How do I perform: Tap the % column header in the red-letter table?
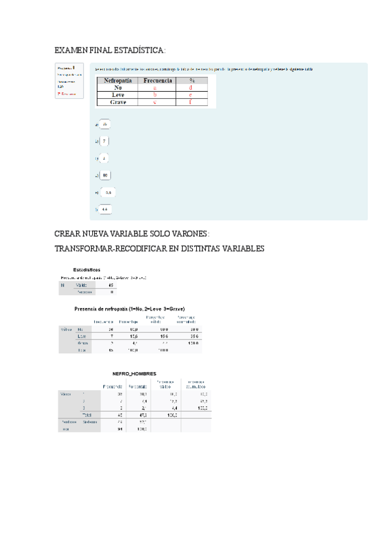(x=190, y=81)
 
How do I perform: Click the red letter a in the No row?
(x=154, y=88)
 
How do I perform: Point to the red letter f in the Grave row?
(x=190, y=102)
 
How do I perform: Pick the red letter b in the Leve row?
(x=154, y=95)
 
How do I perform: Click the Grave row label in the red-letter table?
(x=117, y=102)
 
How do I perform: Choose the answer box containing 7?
(x=104, y=141)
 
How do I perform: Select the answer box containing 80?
(x=105, y=175)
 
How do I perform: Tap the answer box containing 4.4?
(x=107, y=209)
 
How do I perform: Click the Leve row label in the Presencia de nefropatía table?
(x=81, y=336)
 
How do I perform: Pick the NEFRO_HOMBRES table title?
(x=134, y=373)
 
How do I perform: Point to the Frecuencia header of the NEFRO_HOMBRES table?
(x=113, y=386)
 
